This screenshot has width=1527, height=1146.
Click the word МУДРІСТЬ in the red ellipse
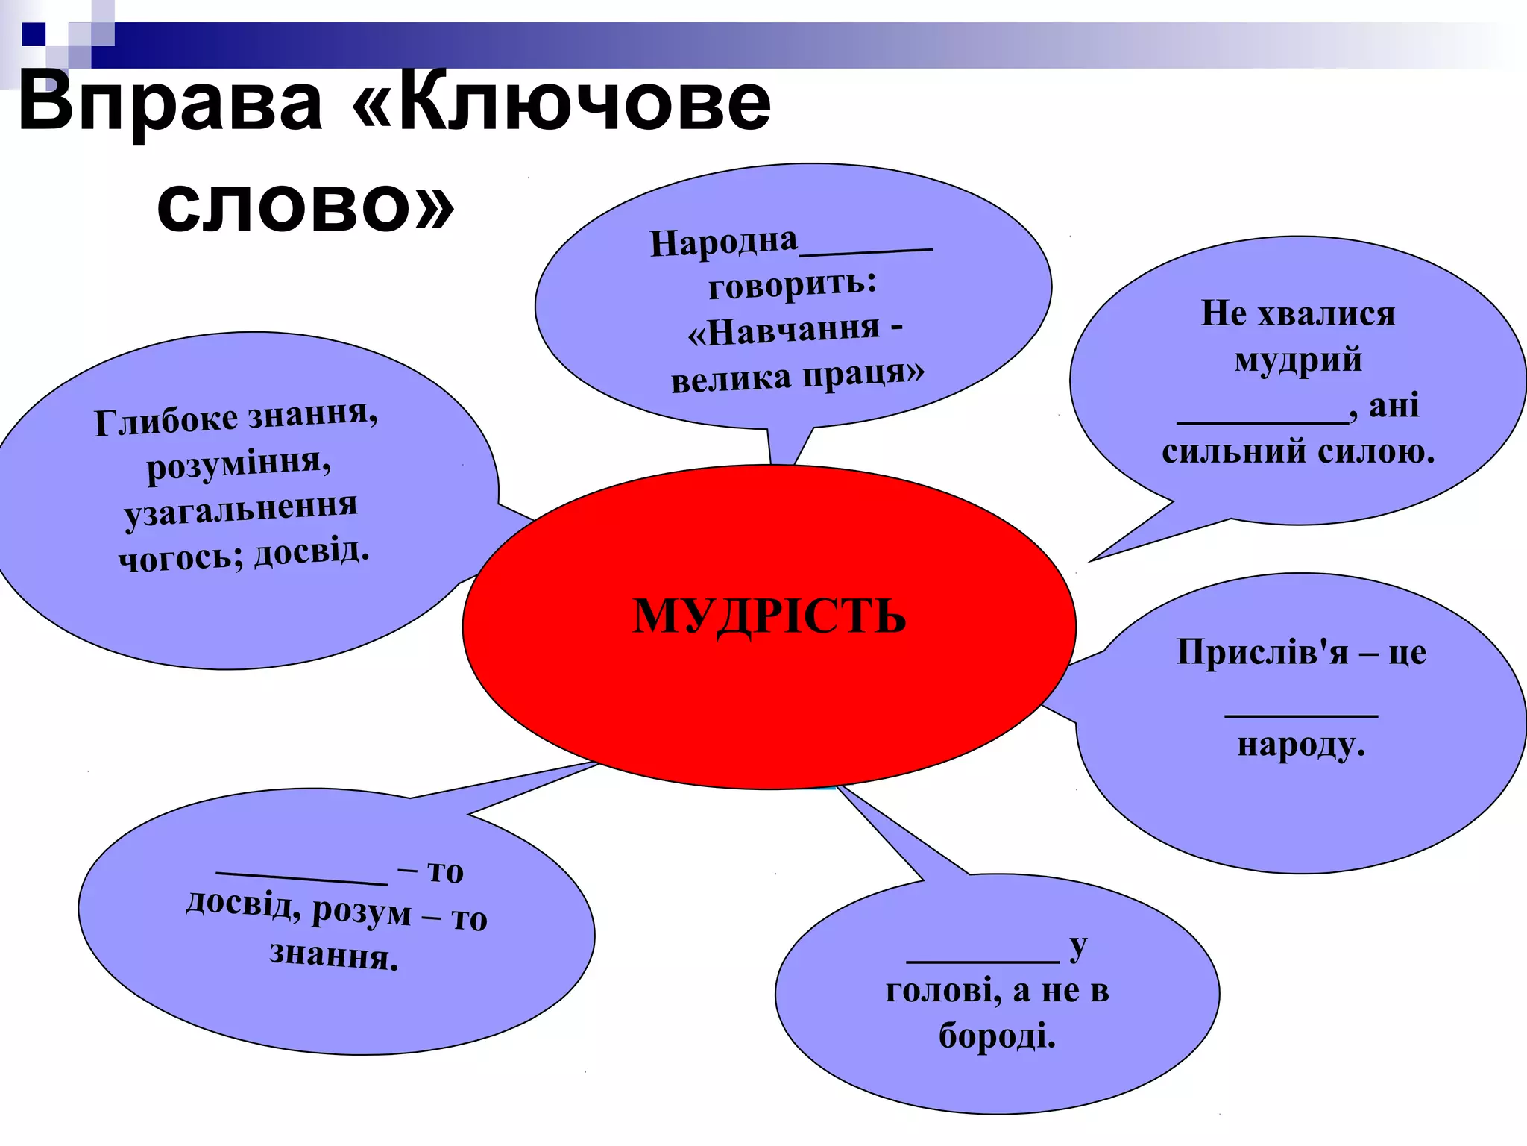tap(769, 616)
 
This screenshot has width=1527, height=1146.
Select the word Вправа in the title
tap(171, 104)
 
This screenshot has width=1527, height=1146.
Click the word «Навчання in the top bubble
tap(784, 331)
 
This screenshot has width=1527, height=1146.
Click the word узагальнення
tap(241, 510)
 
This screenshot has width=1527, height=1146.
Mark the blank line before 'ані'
tap(1262, 422)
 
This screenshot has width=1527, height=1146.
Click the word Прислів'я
tap(1262, 652)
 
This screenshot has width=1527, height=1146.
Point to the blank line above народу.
tap(1301, 716)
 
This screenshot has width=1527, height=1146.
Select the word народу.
tap(1301, 745)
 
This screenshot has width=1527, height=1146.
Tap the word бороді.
tap(997, 1036)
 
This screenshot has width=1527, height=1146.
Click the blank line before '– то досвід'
tap(301, 877)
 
